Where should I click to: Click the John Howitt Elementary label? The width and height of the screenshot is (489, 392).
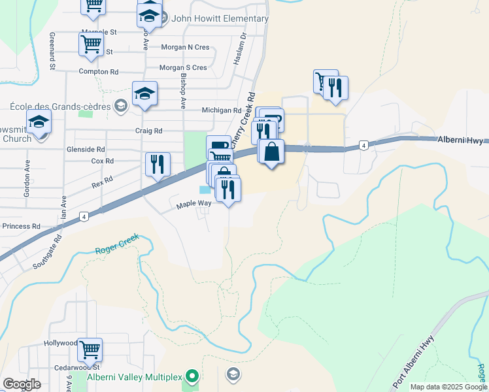point(220,18)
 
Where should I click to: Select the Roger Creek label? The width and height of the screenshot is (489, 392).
point(118,250)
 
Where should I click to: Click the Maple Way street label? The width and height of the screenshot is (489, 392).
point(194,204)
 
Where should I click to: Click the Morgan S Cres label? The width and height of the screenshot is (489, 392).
point(183,67)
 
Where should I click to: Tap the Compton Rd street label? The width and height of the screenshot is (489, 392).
point(98,72)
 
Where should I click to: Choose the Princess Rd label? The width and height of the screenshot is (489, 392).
point(21,226)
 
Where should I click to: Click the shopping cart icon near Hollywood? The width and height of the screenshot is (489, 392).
point(90,349)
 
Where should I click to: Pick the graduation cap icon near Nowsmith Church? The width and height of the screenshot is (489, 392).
point(39,122)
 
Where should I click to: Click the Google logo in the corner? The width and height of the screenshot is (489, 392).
point(22,384)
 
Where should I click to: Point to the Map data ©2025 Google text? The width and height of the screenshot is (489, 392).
point(448,387)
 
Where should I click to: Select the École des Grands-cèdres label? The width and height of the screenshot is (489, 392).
point(60,106)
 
